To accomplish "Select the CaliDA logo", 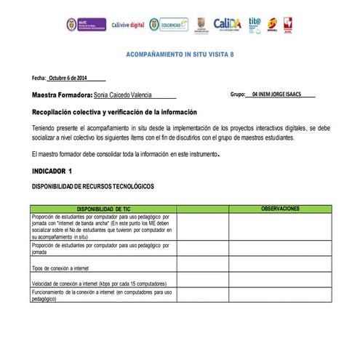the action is click(228, 24).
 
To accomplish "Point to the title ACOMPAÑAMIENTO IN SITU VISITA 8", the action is click(179, 55).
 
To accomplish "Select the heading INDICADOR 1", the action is click(52, 171).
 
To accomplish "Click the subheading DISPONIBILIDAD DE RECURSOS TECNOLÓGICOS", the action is click(93, 187).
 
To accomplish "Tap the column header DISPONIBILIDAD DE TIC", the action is click(103, 209).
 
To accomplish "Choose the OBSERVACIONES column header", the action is click(280, 209).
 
